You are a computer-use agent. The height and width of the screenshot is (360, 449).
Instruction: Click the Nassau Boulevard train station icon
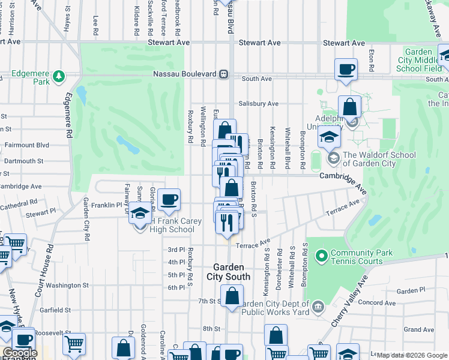click(x=223, y=74)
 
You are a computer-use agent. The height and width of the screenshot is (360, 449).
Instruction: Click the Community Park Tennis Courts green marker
click(x=321, y=257)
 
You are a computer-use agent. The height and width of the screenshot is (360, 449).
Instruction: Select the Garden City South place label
click(x=228, y=272)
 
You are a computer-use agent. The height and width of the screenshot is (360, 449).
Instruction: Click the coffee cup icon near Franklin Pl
click(x=169, y=200)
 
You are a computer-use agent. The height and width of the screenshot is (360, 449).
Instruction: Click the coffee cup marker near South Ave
click(x=346, y=70)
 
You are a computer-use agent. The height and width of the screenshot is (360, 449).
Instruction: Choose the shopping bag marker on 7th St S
click(x=232, y=296)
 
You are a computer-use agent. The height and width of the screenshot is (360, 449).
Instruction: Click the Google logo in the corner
click(x=19, y=352)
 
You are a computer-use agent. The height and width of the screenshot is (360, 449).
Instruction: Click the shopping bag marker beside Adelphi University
click(x=349, y=107)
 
